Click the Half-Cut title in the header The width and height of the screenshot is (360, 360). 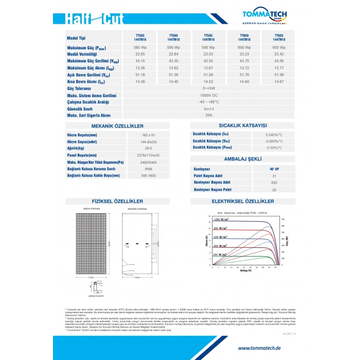(x=95, y=19)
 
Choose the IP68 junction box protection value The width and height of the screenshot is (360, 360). (x=149, y=169)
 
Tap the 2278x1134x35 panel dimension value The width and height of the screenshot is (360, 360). (x=149, y=155)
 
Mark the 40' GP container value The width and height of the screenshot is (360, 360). (x=274, y=169)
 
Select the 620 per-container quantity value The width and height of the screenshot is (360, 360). (x=274, y=183)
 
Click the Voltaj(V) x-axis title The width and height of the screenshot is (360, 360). (x=245, y=271)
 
